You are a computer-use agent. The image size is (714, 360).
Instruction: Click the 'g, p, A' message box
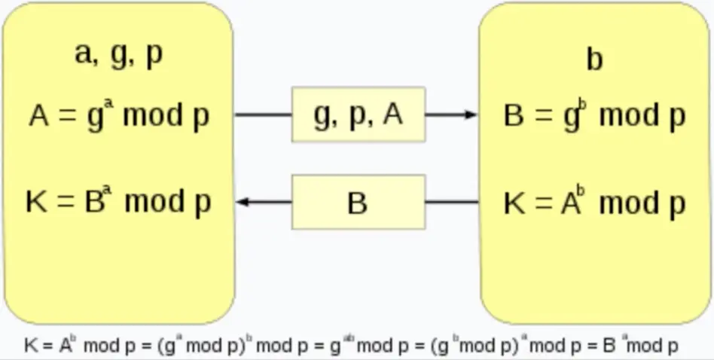359,114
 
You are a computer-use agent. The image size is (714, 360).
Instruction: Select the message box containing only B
359,202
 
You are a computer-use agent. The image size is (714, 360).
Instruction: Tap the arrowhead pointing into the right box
471,114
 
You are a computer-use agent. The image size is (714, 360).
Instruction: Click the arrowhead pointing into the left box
243,202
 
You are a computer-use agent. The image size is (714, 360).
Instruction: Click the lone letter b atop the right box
594,60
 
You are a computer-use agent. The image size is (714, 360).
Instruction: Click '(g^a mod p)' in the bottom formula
201,346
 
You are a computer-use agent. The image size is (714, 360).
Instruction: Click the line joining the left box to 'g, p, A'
264,114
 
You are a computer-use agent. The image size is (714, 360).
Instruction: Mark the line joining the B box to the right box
452,202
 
